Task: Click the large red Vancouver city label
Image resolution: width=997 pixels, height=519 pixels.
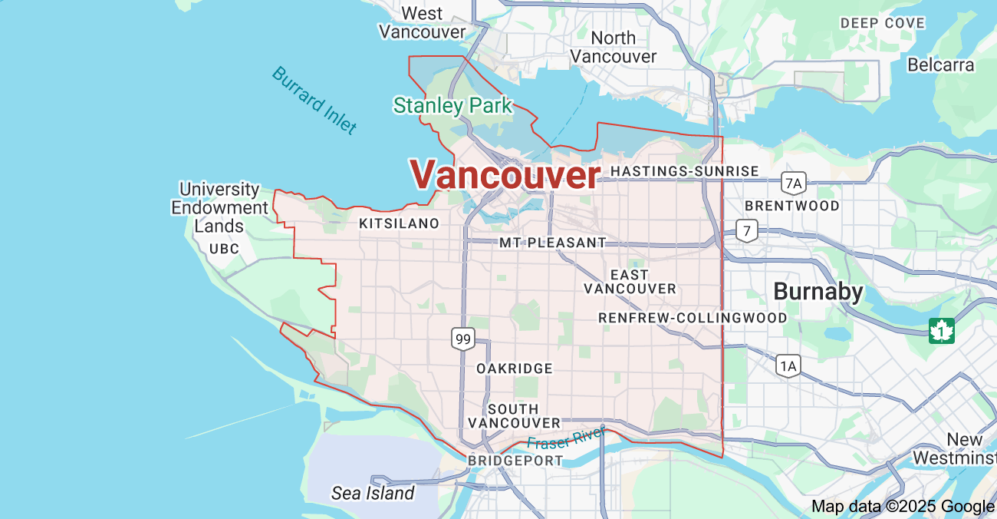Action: point(505,175)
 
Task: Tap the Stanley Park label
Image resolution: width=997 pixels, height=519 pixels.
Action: point(452,106)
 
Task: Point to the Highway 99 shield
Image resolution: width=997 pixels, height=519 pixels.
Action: point(462,339)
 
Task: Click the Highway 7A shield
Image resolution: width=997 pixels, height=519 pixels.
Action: point(794,183)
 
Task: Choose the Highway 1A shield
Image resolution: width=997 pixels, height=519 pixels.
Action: point(788,365)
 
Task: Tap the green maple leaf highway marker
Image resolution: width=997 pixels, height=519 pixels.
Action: point(941,331)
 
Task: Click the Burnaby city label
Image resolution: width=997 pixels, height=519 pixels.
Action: point(818,292)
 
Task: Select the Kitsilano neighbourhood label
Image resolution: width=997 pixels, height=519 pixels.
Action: point(399,223)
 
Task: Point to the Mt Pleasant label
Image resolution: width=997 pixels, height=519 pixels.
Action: point(552,243)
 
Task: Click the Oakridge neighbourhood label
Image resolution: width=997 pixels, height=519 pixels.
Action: point(514,369)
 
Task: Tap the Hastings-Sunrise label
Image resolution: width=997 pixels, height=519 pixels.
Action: point(684,171)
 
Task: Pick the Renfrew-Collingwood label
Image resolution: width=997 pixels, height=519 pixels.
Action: point(693,318)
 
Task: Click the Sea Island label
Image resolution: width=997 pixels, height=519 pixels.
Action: point(373,493)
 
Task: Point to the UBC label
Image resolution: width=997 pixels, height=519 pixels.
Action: point(224,249)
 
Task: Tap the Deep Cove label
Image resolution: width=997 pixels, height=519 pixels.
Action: point(882,23)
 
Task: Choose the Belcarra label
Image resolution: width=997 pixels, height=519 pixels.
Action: point(940,64)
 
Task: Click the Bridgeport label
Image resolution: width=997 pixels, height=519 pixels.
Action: point(515,461)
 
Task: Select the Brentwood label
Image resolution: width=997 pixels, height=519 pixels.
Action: point(792,206)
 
